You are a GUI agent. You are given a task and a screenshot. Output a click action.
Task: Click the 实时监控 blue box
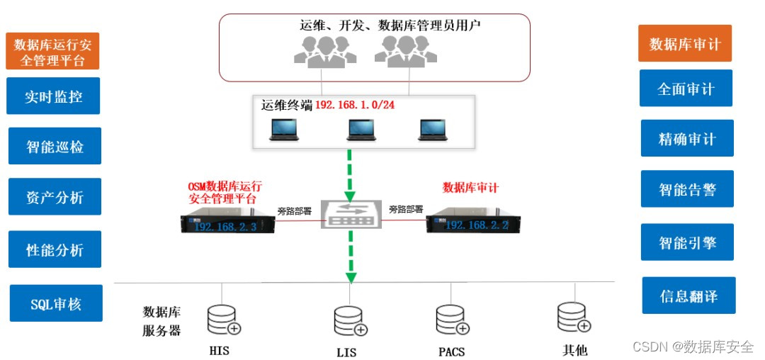(53, 96)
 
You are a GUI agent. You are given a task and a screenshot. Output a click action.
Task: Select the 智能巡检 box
(55, 147)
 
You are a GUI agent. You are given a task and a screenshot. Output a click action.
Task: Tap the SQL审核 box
(56, 304)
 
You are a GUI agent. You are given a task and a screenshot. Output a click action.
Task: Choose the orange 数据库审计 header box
(684, 44)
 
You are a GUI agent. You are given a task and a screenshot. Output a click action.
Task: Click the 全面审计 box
(686, 89)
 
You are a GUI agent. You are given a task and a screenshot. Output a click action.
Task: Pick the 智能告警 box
(687, 189)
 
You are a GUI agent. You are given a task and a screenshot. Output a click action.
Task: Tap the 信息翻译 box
(688, 296)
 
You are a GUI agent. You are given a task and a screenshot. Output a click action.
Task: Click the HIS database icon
(222, 320)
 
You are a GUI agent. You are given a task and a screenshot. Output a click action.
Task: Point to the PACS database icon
(451, 320)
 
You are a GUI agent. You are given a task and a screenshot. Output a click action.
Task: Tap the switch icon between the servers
(350, 215)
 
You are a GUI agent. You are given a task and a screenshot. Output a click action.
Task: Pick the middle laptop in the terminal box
(360, 129)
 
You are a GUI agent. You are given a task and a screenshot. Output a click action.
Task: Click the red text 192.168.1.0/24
(354, 104)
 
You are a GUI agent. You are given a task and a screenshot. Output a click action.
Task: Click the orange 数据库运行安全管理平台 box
(52, 52)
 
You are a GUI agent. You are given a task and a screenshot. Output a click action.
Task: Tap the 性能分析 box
(55, 249)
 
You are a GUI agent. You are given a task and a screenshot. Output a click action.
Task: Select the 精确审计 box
(687, 139)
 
